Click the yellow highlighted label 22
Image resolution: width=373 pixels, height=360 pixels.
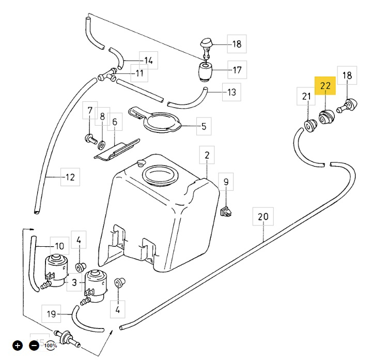[325, 86]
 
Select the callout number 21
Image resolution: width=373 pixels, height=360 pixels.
[306, 96]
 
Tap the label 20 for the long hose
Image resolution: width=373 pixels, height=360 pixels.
[263, 217]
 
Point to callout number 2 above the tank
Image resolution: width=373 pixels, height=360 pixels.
[207, 155]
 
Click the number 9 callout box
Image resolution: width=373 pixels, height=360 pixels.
[225, 182]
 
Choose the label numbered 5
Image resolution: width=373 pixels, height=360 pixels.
[204, 126]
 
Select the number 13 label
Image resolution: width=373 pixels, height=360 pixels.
[231, 93]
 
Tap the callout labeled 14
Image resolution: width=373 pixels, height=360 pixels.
[148, 61]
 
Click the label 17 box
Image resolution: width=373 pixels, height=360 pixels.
[237, 69]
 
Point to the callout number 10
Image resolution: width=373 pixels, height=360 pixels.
[59, 246]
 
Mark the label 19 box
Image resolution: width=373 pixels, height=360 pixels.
[51, 313]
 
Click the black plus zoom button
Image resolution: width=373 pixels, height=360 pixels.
[18, 345]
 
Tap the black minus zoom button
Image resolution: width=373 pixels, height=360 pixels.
[34, 345]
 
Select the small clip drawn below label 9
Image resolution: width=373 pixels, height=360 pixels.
[226, 211]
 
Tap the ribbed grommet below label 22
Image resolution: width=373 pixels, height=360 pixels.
[326, 118]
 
